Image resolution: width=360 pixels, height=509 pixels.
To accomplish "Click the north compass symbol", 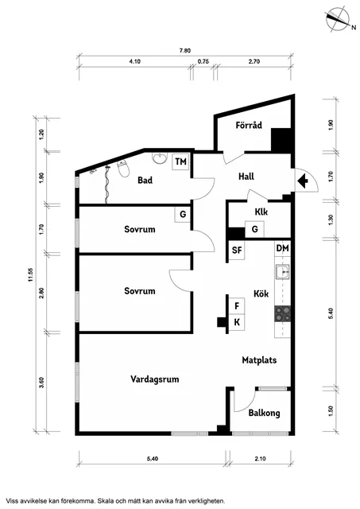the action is [339, 19].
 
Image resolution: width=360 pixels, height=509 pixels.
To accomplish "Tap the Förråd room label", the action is [249, 126].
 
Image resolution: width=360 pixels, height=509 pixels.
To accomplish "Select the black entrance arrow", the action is [303, 181].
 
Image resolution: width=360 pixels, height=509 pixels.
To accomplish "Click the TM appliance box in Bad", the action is [180, 161].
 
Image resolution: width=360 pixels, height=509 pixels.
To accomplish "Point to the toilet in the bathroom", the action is [123, 169].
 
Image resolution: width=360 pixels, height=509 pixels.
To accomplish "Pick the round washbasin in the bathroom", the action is [160, 159].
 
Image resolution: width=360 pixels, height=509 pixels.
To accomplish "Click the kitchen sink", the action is [282, 272].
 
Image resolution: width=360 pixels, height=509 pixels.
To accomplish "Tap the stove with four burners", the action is [282, 314].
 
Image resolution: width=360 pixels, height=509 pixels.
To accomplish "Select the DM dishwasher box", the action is [282, 248].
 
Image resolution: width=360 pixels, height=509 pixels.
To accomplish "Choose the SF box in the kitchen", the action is [237, 250].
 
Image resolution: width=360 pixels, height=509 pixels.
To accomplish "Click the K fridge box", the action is [237, 322].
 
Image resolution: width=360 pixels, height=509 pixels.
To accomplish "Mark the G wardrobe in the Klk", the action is [254, 229].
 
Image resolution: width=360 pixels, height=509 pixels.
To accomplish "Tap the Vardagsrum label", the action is [155, 379].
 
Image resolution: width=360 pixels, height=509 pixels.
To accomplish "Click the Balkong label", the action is [264, 414].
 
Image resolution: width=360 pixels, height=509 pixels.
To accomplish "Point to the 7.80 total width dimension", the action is [185, 51].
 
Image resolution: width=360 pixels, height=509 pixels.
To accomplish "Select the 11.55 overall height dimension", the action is [31, 274].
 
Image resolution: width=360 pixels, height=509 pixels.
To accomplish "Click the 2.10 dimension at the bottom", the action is [260, 459].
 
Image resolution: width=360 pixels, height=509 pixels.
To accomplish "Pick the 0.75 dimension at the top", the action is [203, 61].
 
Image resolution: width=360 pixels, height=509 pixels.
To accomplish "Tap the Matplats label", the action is [259, 360].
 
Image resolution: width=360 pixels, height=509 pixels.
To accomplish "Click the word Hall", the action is [246, 177].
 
